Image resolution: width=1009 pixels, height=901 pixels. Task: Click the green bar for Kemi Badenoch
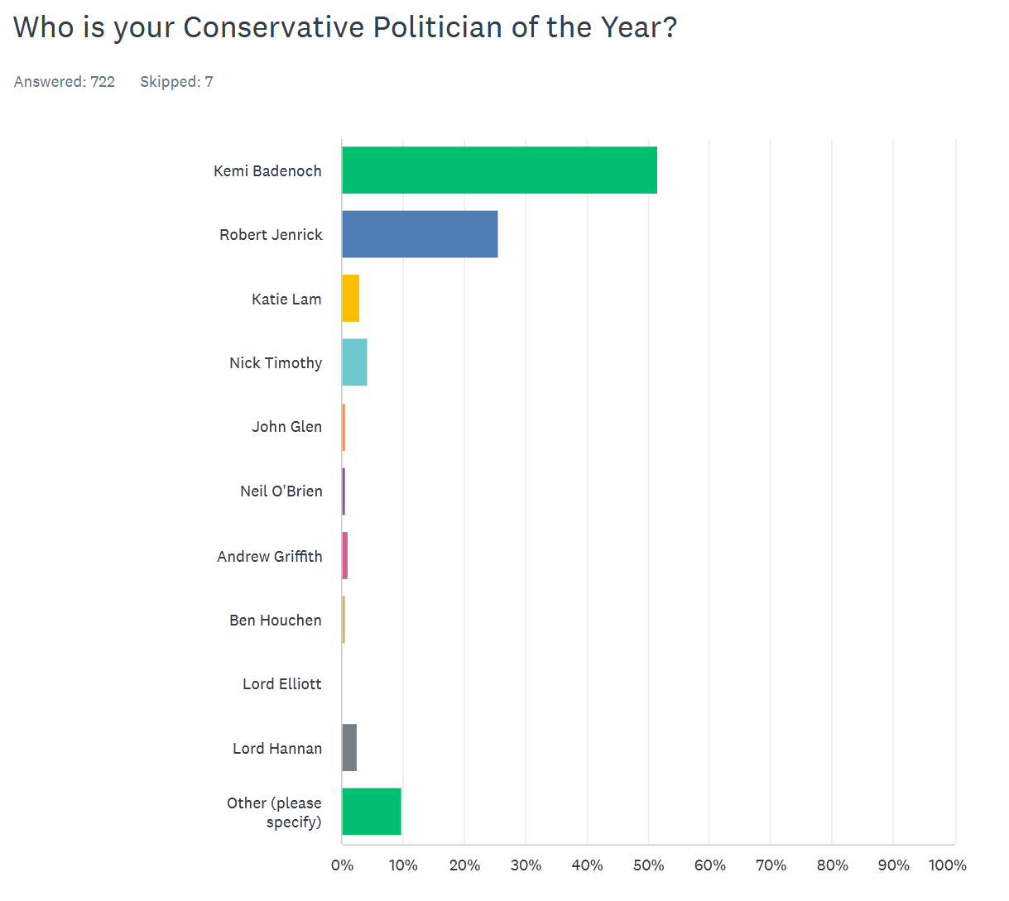pyautogui.click(x=499, y=170)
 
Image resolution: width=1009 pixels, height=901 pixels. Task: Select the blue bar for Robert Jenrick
pyautogui.click(x=420, y=234)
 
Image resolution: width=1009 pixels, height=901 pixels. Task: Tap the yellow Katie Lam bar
pyautogui.click(x=351, y=299)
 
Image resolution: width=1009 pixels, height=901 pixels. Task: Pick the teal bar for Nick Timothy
pyautogui.click(x=354, y=362)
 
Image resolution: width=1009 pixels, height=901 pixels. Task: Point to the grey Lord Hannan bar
pyautogui.click(x=349, y=748)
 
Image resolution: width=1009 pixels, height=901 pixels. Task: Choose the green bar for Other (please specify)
pyautogui.click(x=372, y=812)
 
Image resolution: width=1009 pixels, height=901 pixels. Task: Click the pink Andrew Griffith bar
pyautogui.click(x=345, y=556)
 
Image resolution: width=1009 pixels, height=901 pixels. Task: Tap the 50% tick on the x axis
pyautogui.click(x=648, y=865)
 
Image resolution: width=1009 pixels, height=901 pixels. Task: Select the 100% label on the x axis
pyautogui.click(x=947, y=865)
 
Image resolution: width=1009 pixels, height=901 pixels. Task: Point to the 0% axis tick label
pyautogui.click(x=342, y=865)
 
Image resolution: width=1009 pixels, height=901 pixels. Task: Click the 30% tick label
pyautogui.click(x=526, y=865)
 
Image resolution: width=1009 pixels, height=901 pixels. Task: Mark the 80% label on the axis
pyautogui.click(x=832, y=865)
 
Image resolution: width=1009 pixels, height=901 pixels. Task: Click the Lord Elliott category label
pyautogui.click(x=281, y=684)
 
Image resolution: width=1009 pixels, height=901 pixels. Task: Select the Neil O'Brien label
pyautogui.click(x=281, y=491)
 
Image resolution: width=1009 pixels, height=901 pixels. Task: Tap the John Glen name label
pyautogui.click(x=286, y=427)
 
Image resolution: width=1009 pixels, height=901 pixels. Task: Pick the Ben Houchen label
pyautogui.click(x=276, y=621)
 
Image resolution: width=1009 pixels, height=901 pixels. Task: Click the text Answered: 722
pyautogui.click(x=65, y=82)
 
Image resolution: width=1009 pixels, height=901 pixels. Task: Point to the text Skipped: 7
pyautogui.click(x=176, y=82)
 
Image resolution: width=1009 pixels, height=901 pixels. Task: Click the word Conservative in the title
pyautogui.click(x=273, y=27)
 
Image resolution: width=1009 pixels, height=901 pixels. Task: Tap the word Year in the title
pyautogui.click(x=630, y=27)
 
